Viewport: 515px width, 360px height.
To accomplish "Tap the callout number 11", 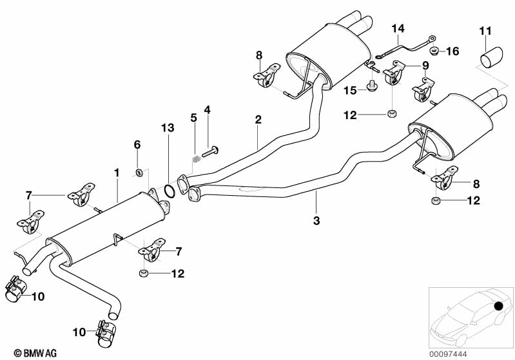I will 485,29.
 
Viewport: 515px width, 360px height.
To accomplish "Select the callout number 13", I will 168,129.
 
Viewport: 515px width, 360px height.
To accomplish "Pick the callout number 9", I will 425,65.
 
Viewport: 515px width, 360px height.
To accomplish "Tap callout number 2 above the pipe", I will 258,119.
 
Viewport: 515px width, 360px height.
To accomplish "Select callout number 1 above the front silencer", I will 117,173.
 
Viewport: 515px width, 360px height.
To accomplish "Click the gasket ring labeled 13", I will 169,191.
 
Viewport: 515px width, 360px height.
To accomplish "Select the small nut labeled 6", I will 139,171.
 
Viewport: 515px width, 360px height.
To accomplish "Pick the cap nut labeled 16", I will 435,50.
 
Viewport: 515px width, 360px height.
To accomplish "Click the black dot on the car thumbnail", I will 499,307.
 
